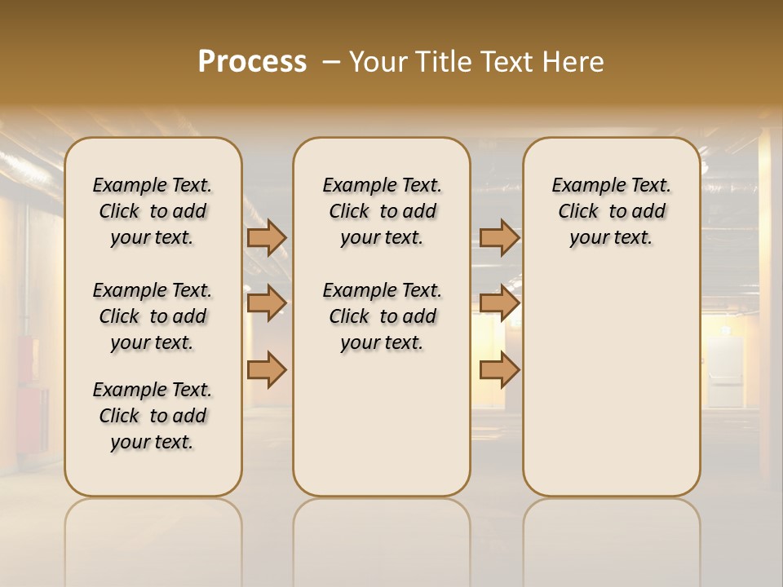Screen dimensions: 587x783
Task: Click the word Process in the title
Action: (x=252, y=61)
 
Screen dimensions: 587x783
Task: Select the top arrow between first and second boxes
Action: (x=267, y=237)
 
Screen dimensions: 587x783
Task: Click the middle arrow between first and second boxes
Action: (x=267, y=303)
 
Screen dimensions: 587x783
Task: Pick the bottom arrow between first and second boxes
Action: (x=267, y=369)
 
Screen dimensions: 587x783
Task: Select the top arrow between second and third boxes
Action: (x=499, y=237)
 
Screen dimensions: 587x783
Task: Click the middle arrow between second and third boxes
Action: (x=499, y=303)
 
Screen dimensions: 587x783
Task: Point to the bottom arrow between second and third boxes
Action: (x=499, y=369)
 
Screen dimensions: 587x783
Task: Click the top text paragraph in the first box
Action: (x=153, y=211)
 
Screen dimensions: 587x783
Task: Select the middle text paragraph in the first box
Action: (x=153, y=316)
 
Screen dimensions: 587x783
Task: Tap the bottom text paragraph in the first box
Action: (x=153, y=416)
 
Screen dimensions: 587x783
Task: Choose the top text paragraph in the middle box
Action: (x=382, y=211)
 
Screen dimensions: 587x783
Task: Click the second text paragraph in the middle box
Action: (x=382, y=316)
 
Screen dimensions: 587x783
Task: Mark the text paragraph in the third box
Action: (x=611, y=211)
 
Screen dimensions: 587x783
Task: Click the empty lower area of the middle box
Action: (x=382, y=424)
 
